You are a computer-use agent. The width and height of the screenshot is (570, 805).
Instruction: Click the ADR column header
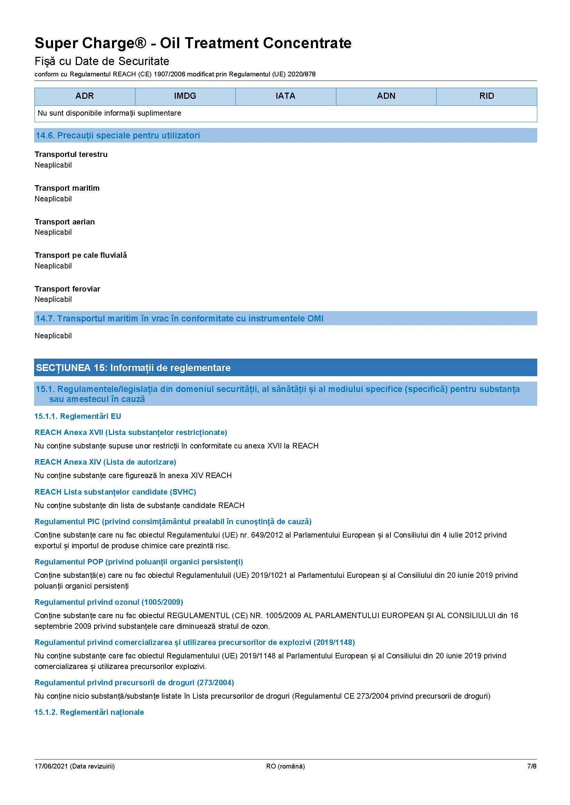84,96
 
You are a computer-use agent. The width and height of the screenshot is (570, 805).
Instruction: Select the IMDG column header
185,96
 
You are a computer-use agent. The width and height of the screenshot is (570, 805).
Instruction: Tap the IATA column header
285,96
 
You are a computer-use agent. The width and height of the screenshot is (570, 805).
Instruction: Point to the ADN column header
386,96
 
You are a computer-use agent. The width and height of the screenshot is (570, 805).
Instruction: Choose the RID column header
487,96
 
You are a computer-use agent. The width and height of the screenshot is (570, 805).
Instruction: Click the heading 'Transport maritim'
67,188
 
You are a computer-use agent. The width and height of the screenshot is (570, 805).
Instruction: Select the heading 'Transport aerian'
64,222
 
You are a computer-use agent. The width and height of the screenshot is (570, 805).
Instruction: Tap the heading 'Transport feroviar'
68,289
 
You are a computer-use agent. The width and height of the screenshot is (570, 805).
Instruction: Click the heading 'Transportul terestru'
71,155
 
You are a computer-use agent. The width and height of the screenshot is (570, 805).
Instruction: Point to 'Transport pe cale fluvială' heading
81,255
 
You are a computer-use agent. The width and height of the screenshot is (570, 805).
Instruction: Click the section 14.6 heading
118,136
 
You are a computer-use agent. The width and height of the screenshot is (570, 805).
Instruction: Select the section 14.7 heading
179,319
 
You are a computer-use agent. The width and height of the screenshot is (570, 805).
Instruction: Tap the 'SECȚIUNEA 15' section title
133,368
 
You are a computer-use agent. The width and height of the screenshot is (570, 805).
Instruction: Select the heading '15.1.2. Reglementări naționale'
89,712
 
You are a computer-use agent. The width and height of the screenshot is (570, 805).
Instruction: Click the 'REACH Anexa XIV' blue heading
105,462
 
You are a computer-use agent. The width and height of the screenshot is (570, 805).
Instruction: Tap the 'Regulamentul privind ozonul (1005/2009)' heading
109,602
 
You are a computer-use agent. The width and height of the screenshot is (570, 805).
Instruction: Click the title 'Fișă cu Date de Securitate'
102,61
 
